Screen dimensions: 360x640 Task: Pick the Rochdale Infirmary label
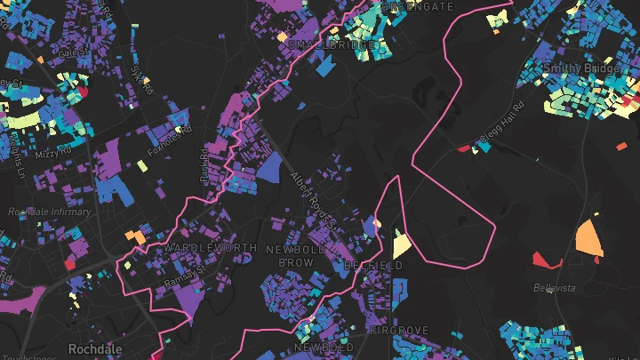49,212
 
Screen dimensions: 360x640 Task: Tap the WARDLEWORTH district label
211,247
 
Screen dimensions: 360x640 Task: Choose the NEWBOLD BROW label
296,256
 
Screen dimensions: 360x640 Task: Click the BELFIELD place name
373,265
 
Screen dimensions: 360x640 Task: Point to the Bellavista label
555,288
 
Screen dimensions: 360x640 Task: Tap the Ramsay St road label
183,276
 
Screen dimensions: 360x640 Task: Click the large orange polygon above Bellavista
588,237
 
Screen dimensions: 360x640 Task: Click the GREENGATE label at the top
412,5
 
